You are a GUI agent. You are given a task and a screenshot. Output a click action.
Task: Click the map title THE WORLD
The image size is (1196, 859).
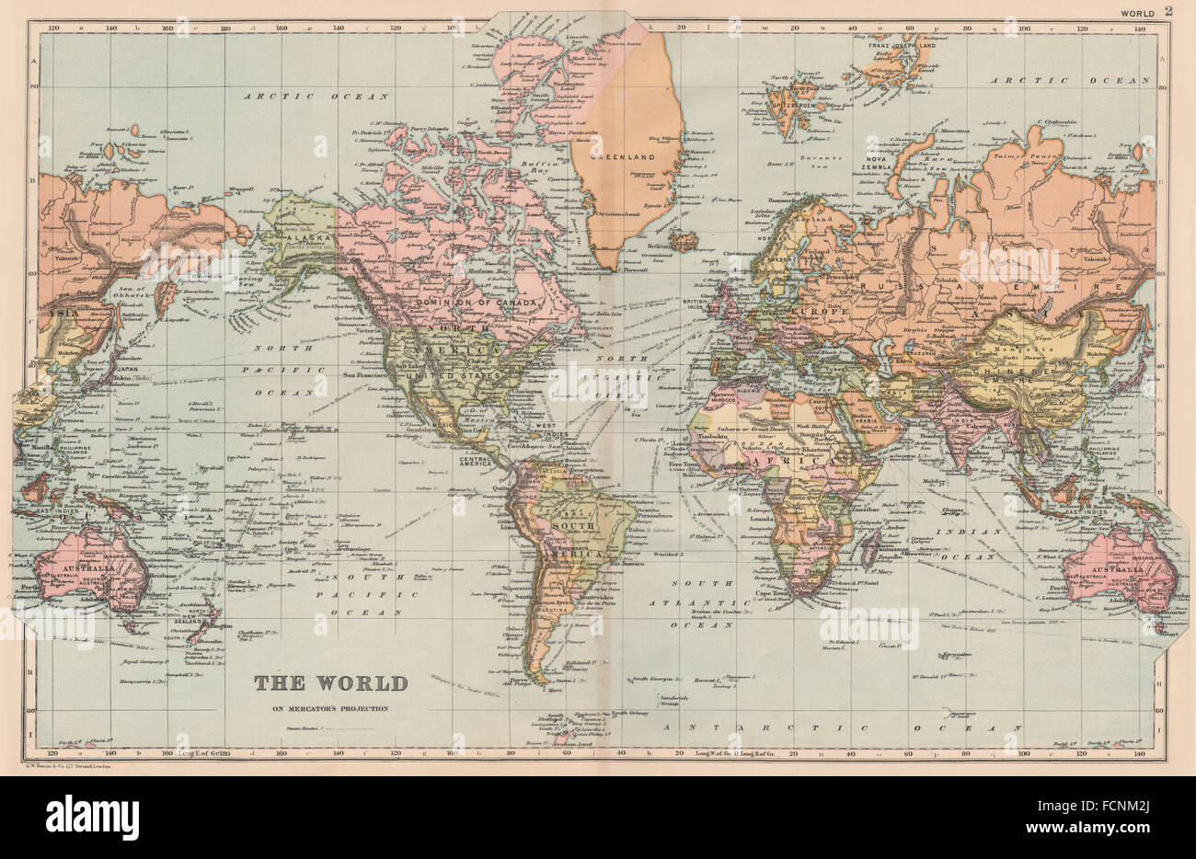(x=330, y=683)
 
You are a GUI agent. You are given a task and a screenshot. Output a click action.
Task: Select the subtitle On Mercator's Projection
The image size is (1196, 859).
(x=329, y=707)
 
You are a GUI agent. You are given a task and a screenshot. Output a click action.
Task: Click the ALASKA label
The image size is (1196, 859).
(x=289, y=237)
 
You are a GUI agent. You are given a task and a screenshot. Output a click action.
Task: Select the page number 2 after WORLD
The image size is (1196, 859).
(x=1168, y=11)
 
